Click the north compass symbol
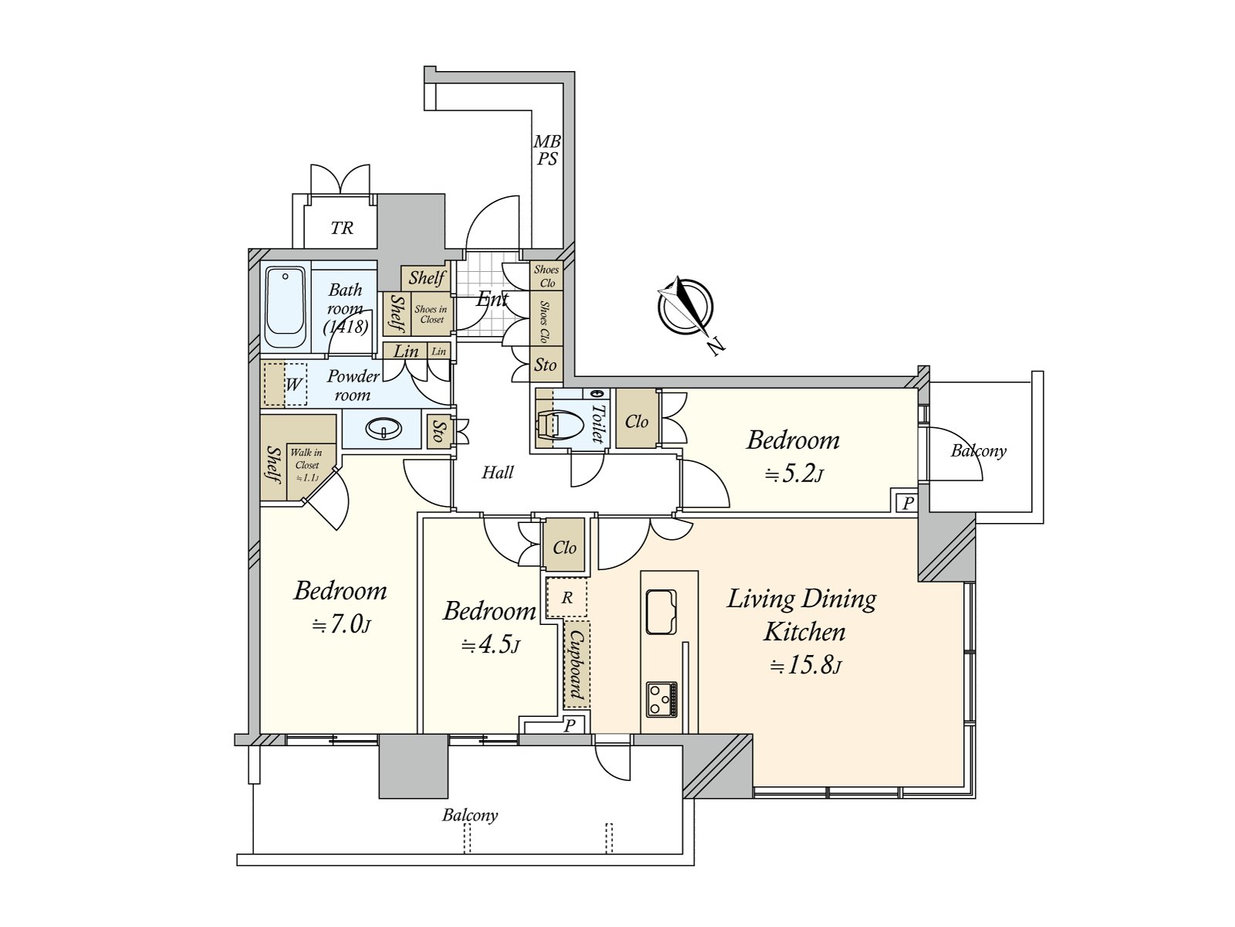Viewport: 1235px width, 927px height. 685,307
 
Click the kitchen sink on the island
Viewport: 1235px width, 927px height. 661,612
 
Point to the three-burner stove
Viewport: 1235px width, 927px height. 661,699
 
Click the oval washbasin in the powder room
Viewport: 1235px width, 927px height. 382,429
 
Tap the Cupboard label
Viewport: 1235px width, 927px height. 576,664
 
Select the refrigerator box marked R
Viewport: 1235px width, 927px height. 567,598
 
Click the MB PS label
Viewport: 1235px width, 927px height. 547,151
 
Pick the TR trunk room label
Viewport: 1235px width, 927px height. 342,228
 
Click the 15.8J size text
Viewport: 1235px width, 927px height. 805,665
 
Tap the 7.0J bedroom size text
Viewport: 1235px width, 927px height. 341,624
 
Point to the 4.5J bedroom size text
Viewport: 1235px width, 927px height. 491,645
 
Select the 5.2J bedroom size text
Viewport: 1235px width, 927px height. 793,474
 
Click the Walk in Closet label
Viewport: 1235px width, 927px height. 306,464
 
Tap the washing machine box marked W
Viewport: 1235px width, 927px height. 292,384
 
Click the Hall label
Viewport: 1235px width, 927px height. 498,472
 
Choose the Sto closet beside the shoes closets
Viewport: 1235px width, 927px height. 546,365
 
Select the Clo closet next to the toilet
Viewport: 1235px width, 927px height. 637,421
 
